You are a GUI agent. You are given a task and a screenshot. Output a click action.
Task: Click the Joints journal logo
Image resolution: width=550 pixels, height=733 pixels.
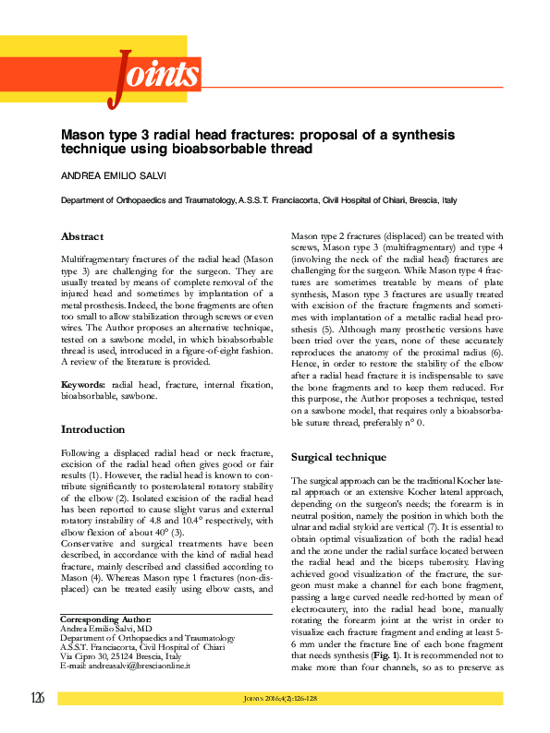pos(154,75)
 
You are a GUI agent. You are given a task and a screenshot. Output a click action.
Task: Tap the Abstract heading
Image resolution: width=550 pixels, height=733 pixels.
pos(81,236)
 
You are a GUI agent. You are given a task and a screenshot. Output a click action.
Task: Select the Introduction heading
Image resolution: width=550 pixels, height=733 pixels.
pos(92,429)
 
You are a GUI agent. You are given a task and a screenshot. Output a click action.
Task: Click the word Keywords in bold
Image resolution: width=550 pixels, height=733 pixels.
pos(82,383)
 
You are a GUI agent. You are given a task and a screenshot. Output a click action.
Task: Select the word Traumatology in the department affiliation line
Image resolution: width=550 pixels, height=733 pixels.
pos(192,200)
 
